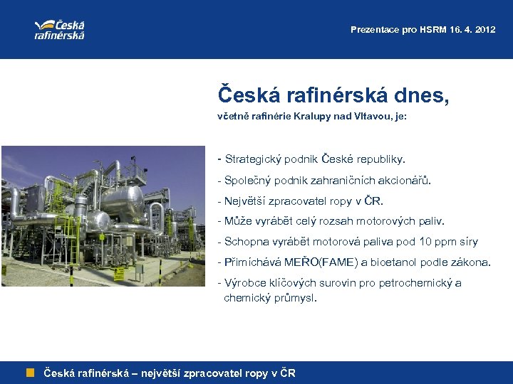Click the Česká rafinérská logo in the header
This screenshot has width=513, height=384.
pyautogui.click(x=60, y=28)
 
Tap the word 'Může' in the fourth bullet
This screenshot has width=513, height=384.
pyautogui.click(x=238, y=221)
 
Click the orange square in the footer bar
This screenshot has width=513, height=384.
pyautogui.click(x=31, y=373)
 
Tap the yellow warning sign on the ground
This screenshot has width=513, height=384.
pyautogui.click(x=171, y=269)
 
